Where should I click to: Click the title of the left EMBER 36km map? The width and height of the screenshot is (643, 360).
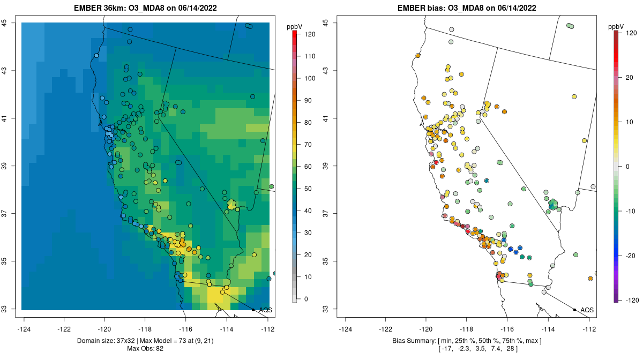[146, 8]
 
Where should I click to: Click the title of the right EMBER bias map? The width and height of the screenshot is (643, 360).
[466, 8]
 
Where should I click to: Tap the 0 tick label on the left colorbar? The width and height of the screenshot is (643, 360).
[306, 299]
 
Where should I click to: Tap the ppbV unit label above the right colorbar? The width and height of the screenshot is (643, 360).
[617, 26]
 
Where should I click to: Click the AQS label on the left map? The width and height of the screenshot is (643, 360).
[265, 310]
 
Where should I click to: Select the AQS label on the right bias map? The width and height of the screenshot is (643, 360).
[587, 310]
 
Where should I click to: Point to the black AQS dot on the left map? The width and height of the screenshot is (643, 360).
[253, 310]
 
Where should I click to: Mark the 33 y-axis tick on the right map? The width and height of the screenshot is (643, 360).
[326, 309]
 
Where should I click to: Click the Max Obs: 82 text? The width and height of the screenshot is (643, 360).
[146, 349]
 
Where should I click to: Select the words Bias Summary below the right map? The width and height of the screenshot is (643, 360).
[415, 341]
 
